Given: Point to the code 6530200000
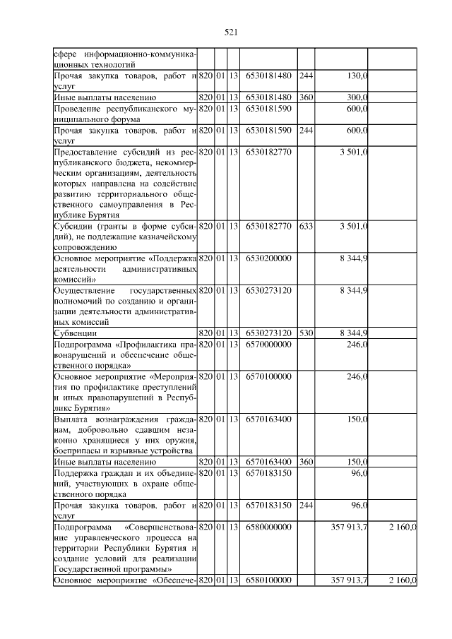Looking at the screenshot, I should [268, 259].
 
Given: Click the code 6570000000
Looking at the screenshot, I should [268, 344].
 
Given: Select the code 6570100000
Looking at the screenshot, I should [268, 376].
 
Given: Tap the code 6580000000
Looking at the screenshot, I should [268, 527].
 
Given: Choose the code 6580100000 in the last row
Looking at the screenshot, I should [268, 580].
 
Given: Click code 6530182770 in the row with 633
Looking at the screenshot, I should [268, 227].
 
